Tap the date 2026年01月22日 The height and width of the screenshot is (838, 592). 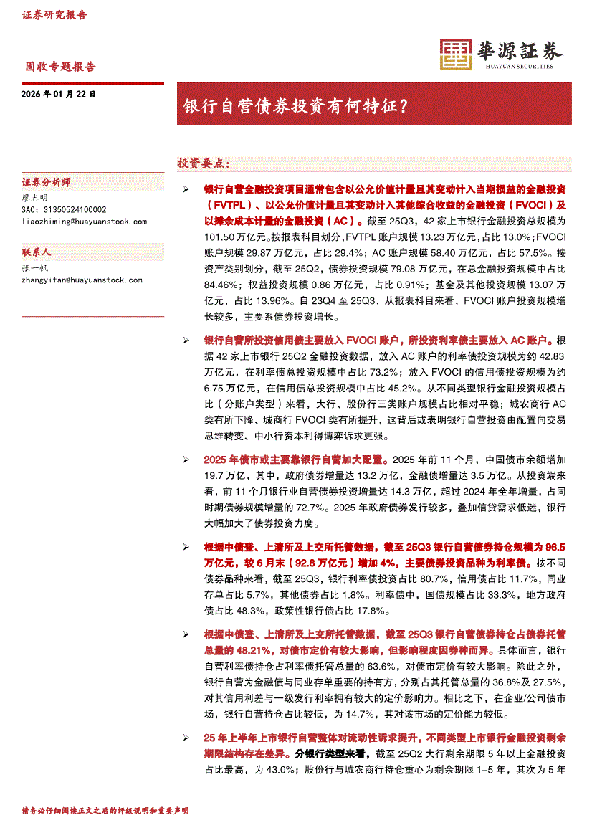point(59,94)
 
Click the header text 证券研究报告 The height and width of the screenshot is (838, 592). point(54,15)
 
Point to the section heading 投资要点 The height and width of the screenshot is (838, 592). point(204,163)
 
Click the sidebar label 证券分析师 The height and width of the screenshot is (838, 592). point(46,183)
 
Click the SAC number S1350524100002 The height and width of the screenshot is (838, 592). point(64,210)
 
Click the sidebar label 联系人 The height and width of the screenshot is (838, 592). point(37,253)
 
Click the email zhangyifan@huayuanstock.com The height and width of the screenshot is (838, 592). point(82,280)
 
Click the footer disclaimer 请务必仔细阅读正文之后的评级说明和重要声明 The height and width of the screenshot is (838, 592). point(105,811)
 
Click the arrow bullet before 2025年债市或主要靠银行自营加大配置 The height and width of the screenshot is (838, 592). point(186,460)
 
